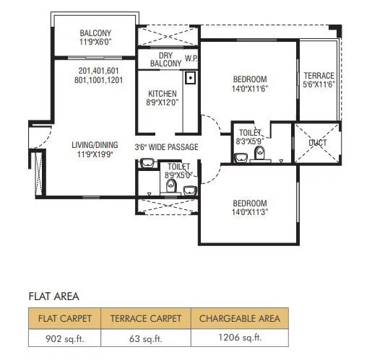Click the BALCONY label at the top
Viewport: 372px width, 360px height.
point(95,32)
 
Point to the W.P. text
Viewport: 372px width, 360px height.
point(191,58)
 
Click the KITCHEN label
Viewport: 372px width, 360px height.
point(163,94)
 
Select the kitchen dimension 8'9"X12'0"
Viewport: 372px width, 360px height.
point(163,103)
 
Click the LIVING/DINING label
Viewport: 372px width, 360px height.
point(95,144)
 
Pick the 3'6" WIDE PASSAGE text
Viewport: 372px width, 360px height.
point(167,148)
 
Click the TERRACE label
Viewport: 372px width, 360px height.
point(318,76)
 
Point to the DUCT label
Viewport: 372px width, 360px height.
point(316,142)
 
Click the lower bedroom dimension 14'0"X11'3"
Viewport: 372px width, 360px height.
point(250,212)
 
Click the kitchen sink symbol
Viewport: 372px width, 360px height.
point(191,77)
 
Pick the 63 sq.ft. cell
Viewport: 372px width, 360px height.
point(145,338)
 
